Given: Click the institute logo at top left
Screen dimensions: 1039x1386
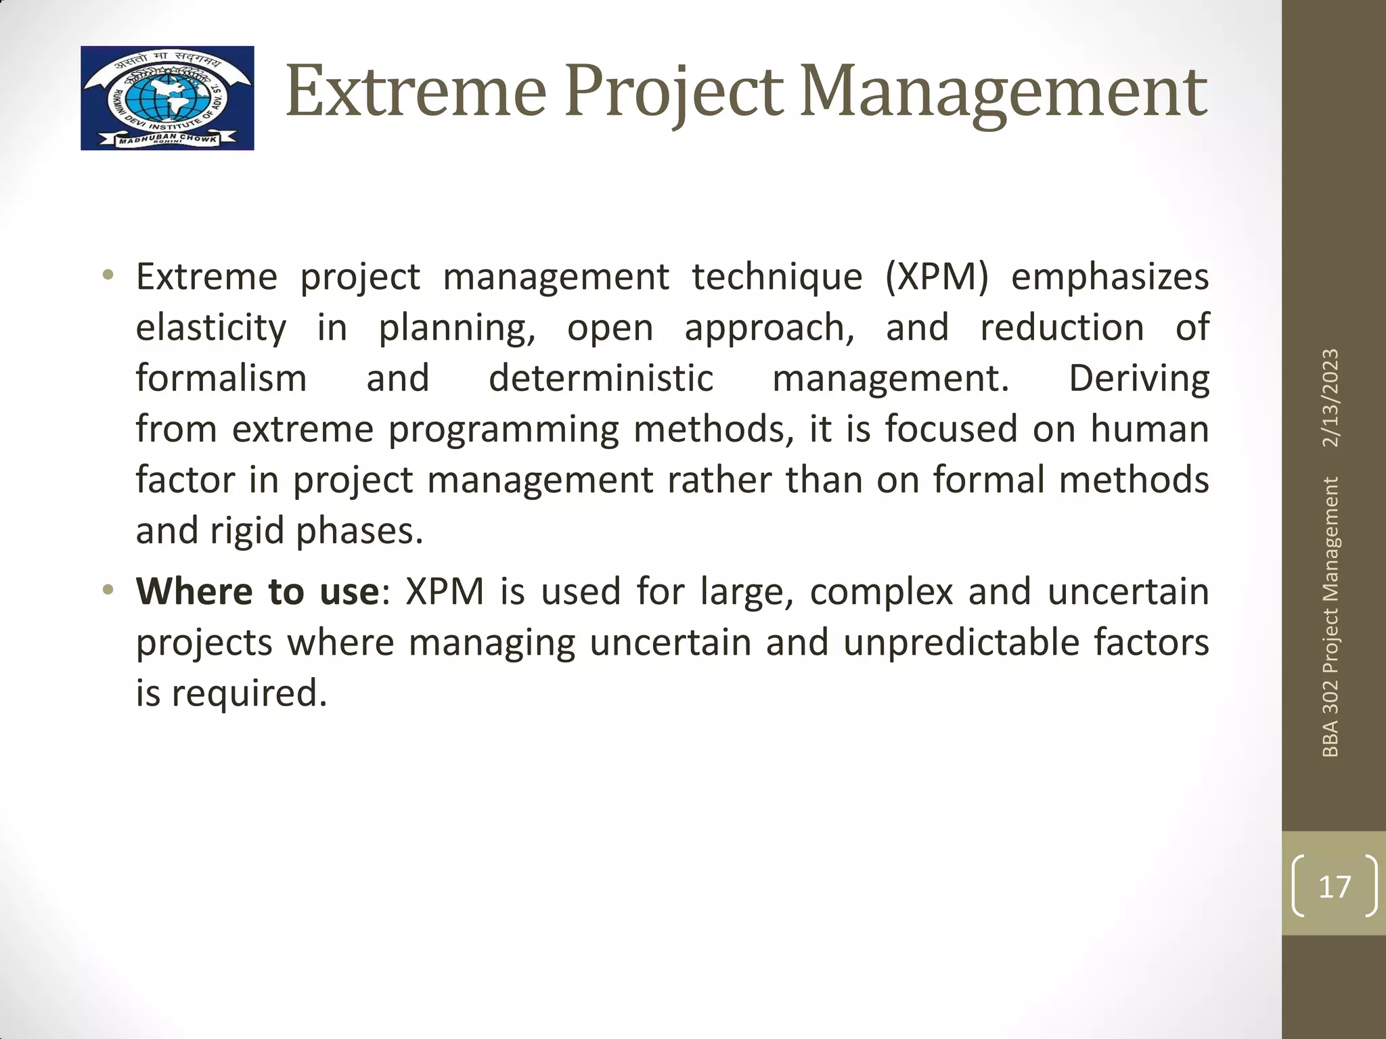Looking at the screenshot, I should tap(167, 98).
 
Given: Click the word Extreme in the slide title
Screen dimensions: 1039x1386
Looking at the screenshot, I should tap(416, 91).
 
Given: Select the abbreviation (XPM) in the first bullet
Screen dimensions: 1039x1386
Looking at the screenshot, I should tap(937, 277).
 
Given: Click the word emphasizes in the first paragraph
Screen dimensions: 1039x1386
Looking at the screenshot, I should tap(1110, 277).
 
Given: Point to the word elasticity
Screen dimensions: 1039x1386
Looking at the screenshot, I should tap(211, 328).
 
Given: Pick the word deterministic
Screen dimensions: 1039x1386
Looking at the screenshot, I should tap(601, 378).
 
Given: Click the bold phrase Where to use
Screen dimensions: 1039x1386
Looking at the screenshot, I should tap(257, 591).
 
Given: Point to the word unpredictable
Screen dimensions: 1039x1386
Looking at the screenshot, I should tap(961, 642).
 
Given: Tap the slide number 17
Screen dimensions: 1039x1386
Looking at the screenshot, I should tap(1334, 886).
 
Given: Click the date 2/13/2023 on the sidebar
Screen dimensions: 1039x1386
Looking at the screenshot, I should tap(1331, 398).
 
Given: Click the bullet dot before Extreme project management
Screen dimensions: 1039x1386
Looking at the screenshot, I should tap(108, 276).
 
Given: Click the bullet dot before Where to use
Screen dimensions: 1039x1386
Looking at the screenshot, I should tap(108, 591).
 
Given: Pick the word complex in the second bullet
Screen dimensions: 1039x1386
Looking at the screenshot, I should tap(881, 591).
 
